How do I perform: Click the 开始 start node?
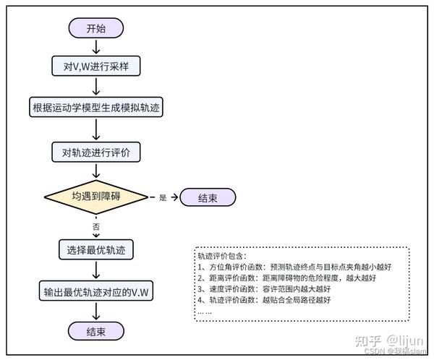pyautogui.click(x=96, y=28)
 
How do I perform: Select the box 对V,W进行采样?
pyautogui.click(x=96, y=67)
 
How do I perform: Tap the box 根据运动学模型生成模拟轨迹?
pyautogui.click(x=96, y=109)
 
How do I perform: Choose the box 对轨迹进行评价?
pyautogui.click(x=96, y=153)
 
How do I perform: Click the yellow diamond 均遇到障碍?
pyautogui.click(x=96, y=197)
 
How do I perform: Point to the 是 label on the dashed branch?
pyautogui.click(x=163, y=197)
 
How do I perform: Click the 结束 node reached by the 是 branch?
pyautogui.click(x=208, y=197)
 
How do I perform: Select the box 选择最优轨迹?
pyautogui.click(x=96, y=250)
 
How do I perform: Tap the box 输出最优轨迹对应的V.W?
pyautogui.click(x=96, y=292)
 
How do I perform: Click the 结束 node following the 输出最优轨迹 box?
pyautogui.click(x=96, y=332)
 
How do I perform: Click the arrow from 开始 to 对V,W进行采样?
pyautogui.click(x=96, y=48)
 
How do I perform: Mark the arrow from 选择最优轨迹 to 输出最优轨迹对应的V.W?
pyautogui.click(x=96, y=271)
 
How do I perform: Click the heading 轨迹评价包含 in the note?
pyautogui.click(x=221, y=256)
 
